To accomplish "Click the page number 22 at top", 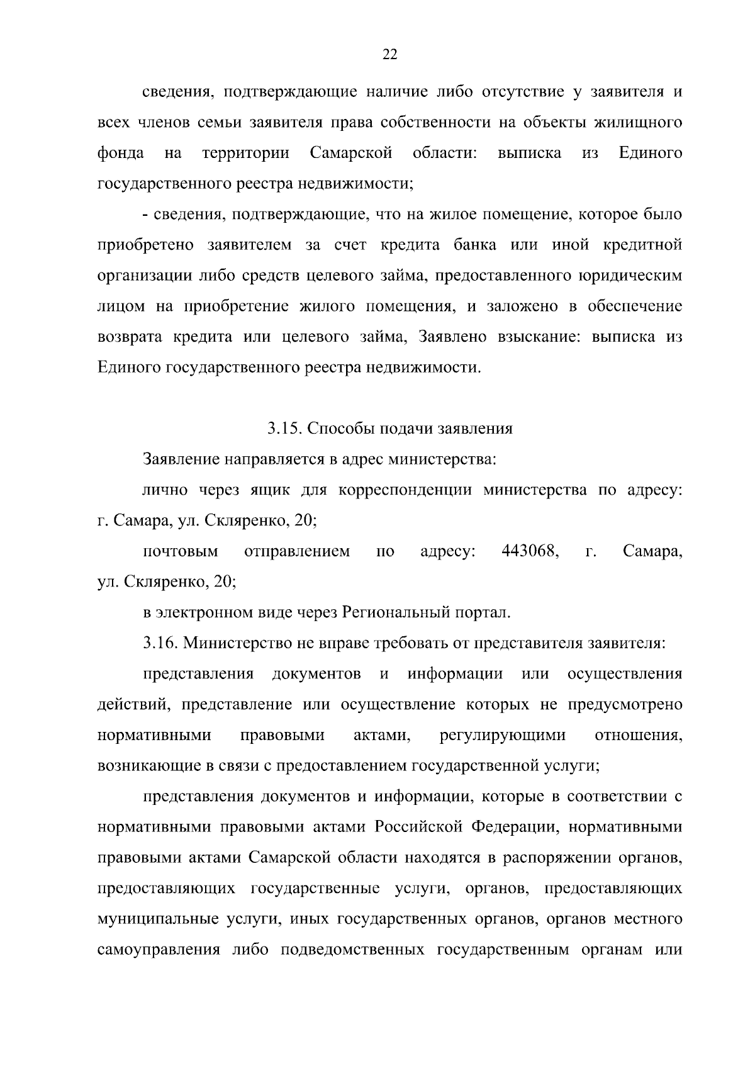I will pos(389,55).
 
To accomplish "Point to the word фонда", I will pos(121,153).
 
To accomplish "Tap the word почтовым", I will pos(181,552).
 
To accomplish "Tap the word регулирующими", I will pos(503,735).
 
